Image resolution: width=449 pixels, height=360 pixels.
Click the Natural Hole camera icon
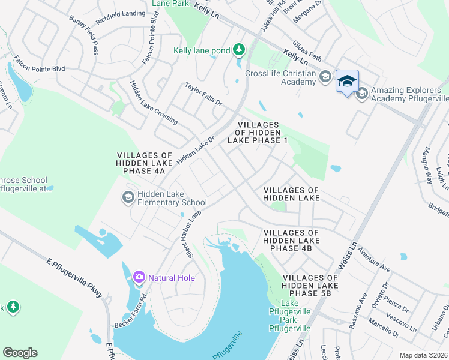[139, 277]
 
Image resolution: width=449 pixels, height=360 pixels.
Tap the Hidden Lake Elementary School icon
[128, 197]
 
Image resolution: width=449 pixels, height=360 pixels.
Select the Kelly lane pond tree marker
[239, 50]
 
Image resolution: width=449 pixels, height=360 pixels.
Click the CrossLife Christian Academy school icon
[325, 76]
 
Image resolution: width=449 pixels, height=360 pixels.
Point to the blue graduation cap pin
[347, 81]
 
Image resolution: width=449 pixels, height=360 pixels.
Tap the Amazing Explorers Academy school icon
[362, 93]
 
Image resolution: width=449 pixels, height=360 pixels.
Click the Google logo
[20, 353]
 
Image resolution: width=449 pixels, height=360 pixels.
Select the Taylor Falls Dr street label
[203, 95]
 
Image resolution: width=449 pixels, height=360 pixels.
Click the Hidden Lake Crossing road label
[154, 102]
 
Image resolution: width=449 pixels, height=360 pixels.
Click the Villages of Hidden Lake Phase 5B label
[310, 286]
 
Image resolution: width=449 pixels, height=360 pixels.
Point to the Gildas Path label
[308, 50]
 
